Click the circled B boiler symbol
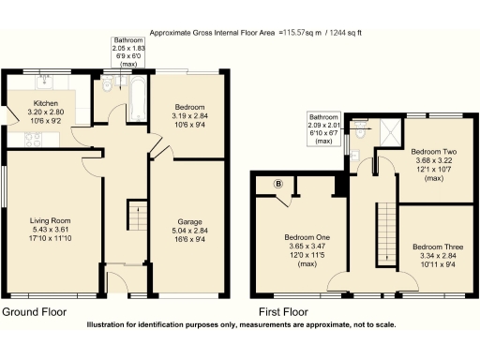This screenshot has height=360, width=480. [277, 185]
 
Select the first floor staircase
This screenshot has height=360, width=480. [382, 235]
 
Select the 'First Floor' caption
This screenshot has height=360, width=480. [285, 311]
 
